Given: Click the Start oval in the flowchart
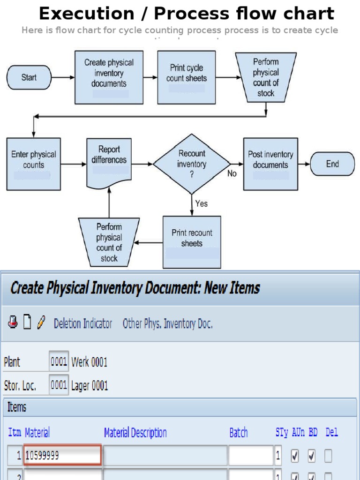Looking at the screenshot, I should coord(29,77).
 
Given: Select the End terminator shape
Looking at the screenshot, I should coord(332,164).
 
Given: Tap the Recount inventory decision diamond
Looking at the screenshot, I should coord(192,164).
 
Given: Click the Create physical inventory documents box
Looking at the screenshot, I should coord(109,77).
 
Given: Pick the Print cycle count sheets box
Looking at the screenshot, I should coord(186,77).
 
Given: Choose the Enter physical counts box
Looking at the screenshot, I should coord(33,164).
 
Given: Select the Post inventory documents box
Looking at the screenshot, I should coord(270,164).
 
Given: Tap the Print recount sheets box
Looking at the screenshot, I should coord(192,242).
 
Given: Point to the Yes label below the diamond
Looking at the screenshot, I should coord(202,203).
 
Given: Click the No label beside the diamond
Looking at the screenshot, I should coord(232,174).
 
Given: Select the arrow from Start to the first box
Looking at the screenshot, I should coord(63,77).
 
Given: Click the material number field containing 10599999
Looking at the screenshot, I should coord(63,455).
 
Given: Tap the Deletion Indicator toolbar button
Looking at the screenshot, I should coord(83,323).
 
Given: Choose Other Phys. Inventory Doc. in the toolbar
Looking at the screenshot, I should coord(167,323).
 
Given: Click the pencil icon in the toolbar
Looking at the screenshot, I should coord(41,322).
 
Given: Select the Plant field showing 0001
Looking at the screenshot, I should coord(59,361).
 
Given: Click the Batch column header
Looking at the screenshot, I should coord(239,433).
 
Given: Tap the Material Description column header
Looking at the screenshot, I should coord(135,433).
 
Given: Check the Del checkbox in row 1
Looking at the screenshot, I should coord(329,455).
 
